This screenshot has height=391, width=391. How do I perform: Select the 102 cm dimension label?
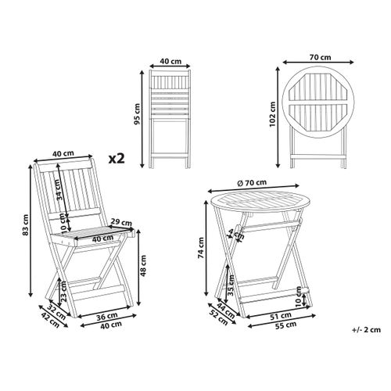[271, 116]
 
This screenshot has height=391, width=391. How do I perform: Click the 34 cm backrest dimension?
[59, 186]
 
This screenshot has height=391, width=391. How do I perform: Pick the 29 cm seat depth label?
[120, 223]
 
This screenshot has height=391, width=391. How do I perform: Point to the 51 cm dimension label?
[275, 317]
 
